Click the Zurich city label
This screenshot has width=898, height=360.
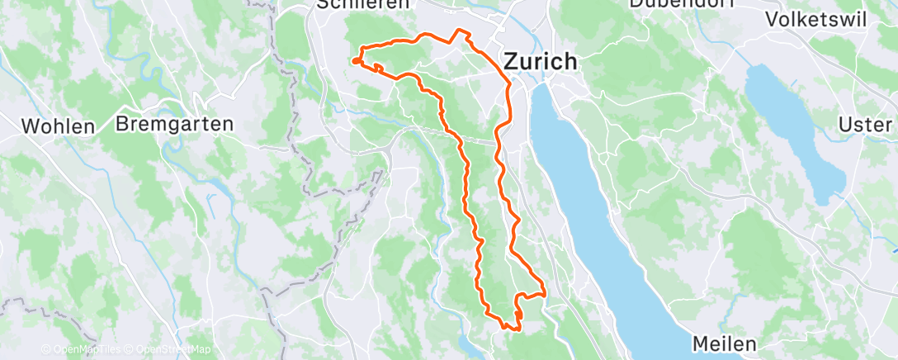click(x=541, y=61)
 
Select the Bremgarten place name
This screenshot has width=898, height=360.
click(x=175, y=124)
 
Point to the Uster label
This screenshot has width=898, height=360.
click(x=865, y=124)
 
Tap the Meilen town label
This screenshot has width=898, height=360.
click(x=724, y=342)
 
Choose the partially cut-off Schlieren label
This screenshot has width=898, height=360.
click(x=363, y=4)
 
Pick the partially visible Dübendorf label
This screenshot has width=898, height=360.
click(x=670, y=3)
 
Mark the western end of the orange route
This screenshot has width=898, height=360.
click(x=355, y=60)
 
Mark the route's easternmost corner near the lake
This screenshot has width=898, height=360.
click(x=546, y=292)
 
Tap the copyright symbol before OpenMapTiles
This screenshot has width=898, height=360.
click(x=47, y=349)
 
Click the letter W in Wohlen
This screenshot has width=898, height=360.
click(x=32, y=126)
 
